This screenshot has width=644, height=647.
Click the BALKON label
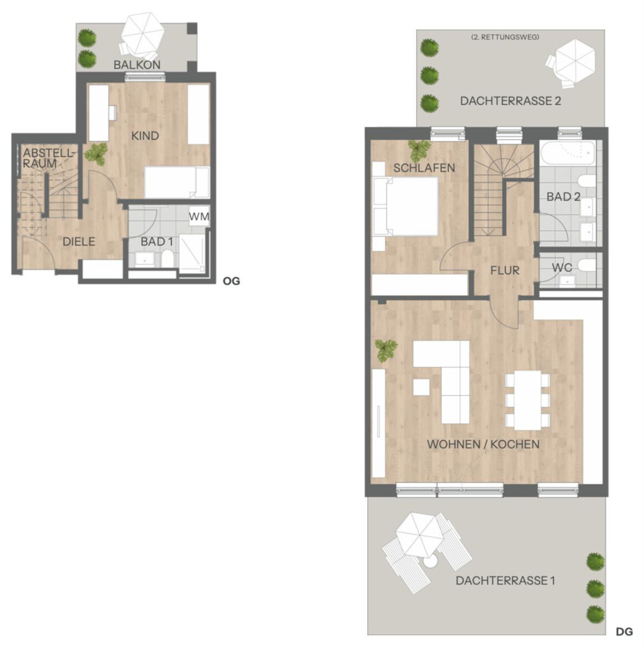(137, 65)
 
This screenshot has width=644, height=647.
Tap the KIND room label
(145, 136)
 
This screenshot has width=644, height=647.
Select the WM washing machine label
(199, 216)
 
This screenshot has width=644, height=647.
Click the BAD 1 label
(157, 242)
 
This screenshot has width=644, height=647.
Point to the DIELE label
(79, 242)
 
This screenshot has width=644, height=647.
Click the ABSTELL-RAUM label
(48, 158)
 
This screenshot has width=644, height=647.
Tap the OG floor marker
(231, 281)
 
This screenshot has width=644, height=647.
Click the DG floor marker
(624, 631)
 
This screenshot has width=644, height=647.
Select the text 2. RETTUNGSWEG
(505, 37)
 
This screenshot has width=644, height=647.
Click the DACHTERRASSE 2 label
(510, 101)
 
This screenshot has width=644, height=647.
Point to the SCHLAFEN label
(424, 168)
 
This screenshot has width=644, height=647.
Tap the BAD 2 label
(563, 197)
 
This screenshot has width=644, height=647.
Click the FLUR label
(504, 270)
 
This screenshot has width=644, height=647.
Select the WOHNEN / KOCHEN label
(483, 445)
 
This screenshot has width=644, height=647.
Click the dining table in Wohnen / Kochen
(528, 400)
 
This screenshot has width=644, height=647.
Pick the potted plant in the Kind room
(96, 154)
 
